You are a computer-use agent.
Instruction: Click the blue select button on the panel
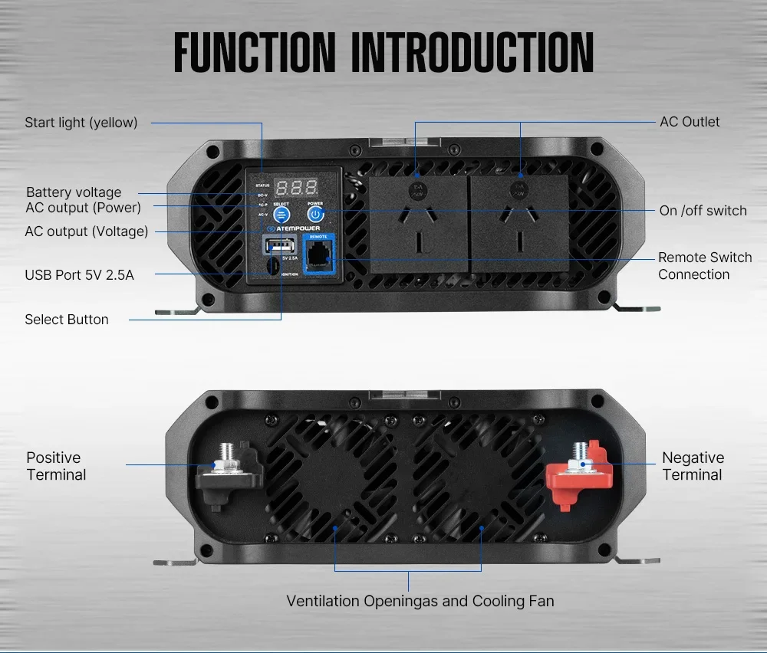(x=281, y=215)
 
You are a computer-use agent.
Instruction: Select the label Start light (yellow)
(x=81, y=123)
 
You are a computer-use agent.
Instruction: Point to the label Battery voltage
(x=74, y=192)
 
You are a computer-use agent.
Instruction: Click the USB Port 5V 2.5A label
(x=79, y=274)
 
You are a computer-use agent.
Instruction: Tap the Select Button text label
(x=67, y=320)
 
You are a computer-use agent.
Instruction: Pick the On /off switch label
(x=703, y=211)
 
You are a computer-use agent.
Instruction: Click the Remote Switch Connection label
(x=704, y=266)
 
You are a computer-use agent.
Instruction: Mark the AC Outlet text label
(x=690, y=122)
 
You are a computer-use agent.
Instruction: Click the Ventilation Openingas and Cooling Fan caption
(x=420, y=601)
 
